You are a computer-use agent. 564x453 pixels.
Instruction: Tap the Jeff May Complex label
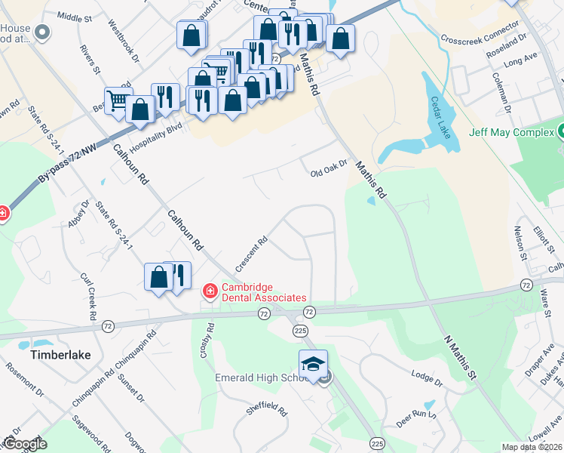[510, 132]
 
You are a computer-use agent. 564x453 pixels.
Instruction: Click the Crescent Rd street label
[251, 255]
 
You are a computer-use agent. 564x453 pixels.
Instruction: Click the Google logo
[24, 444]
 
